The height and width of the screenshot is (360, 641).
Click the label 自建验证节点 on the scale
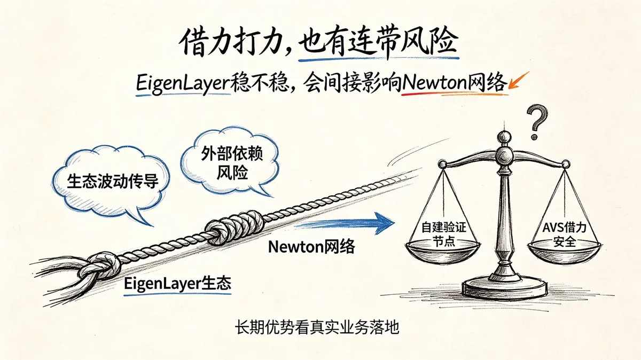(x=444, y=234)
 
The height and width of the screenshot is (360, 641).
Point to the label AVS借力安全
(x=564, y=234)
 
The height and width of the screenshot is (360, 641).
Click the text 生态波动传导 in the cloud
(x=113, y=181)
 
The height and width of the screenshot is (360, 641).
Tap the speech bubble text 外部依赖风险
(x=232, y=163)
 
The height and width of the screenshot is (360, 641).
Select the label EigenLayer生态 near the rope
(x=177, y=283)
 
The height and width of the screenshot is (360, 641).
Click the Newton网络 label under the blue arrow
(x=311, y=246)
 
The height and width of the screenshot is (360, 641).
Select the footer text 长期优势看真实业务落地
(x=317, y=327)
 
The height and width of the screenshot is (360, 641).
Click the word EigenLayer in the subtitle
(x=183, y=84)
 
